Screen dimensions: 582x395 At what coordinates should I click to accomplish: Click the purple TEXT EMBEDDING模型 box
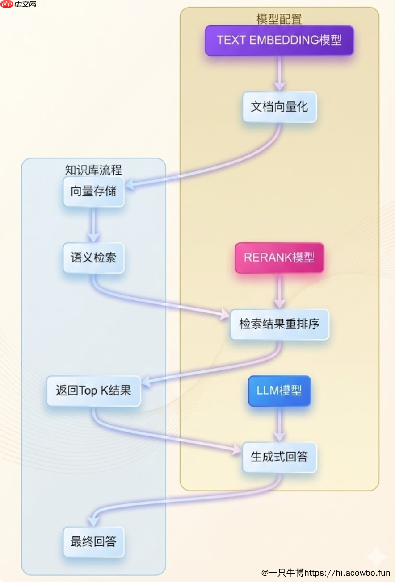[x=279, y=40]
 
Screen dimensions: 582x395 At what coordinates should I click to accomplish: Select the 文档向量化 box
[x=279, y=107]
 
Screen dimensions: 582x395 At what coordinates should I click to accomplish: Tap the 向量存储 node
[x=93, y=191]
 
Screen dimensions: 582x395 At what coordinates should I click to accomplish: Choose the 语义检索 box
[x=93, y=258]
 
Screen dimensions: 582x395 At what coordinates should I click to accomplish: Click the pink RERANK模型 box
[x=279, y=258]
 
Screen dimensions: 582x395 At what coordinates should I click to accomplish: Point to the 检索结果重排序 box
[x=279, y=324]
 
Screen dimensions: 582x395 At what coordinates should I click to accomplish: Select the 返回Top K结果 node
[x=93, y=391]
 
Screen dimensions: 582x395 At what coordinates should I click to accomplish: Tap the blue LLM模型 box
[x=279, y=391]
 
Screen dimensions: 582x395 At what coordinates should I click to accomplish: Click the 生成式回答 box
[x=279, y=457]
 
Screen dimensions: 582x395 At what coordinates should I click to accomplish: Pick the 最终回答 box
[x=93, y=542]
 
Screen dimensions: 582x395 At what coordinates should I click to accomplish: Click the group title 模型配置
[x=279, y=19]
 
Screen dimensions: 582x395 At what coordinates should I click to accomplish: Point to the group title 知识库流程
[x=93, y=170]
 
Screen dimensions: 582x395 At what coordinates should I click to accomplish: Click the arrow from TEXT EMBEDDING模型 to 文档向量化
[x=279, y=74]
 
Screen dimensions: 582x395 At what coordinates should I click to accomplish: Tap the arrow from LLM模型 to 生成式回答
[x=279, y=424]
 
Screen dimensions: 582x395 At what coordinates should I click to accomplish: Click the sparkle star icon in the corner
[x=375, y=557]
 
